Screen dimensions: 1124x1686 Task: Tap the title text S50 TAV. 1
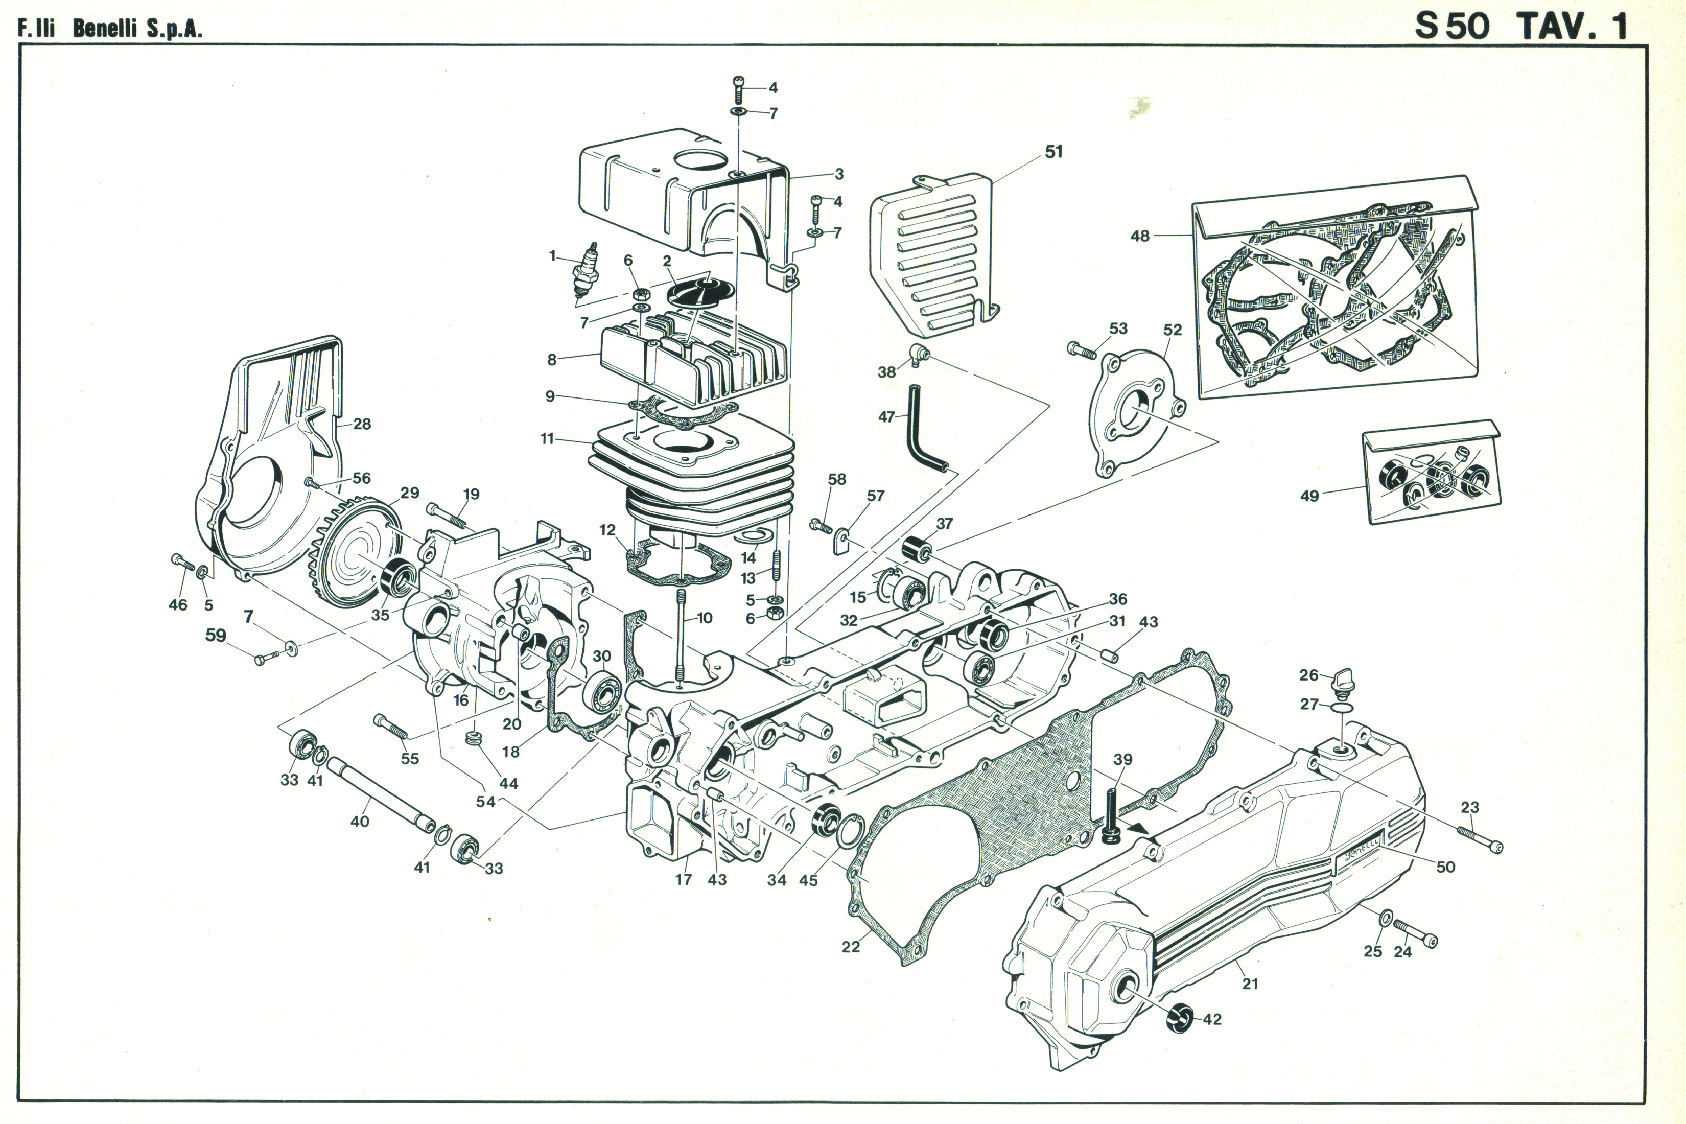pyautogui.click(x=1519, y=27)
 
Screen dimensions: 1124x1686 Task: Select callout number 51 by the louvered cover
pyautogui.click(x=1053, y=152)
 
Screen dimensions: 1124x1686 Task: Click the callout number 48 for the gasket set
pyautogui.click(x=1140, y=236)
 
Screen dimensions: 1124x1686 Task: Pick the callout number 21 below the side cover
pyautogui.click(x=1250, y=983)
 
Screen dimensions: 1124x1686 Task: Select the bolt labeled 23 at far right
pyautogui.click(x=1480, y=839)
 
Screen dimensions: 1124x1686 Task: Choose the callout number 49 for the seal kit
pyautogui.click(x=1309, y=496)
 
